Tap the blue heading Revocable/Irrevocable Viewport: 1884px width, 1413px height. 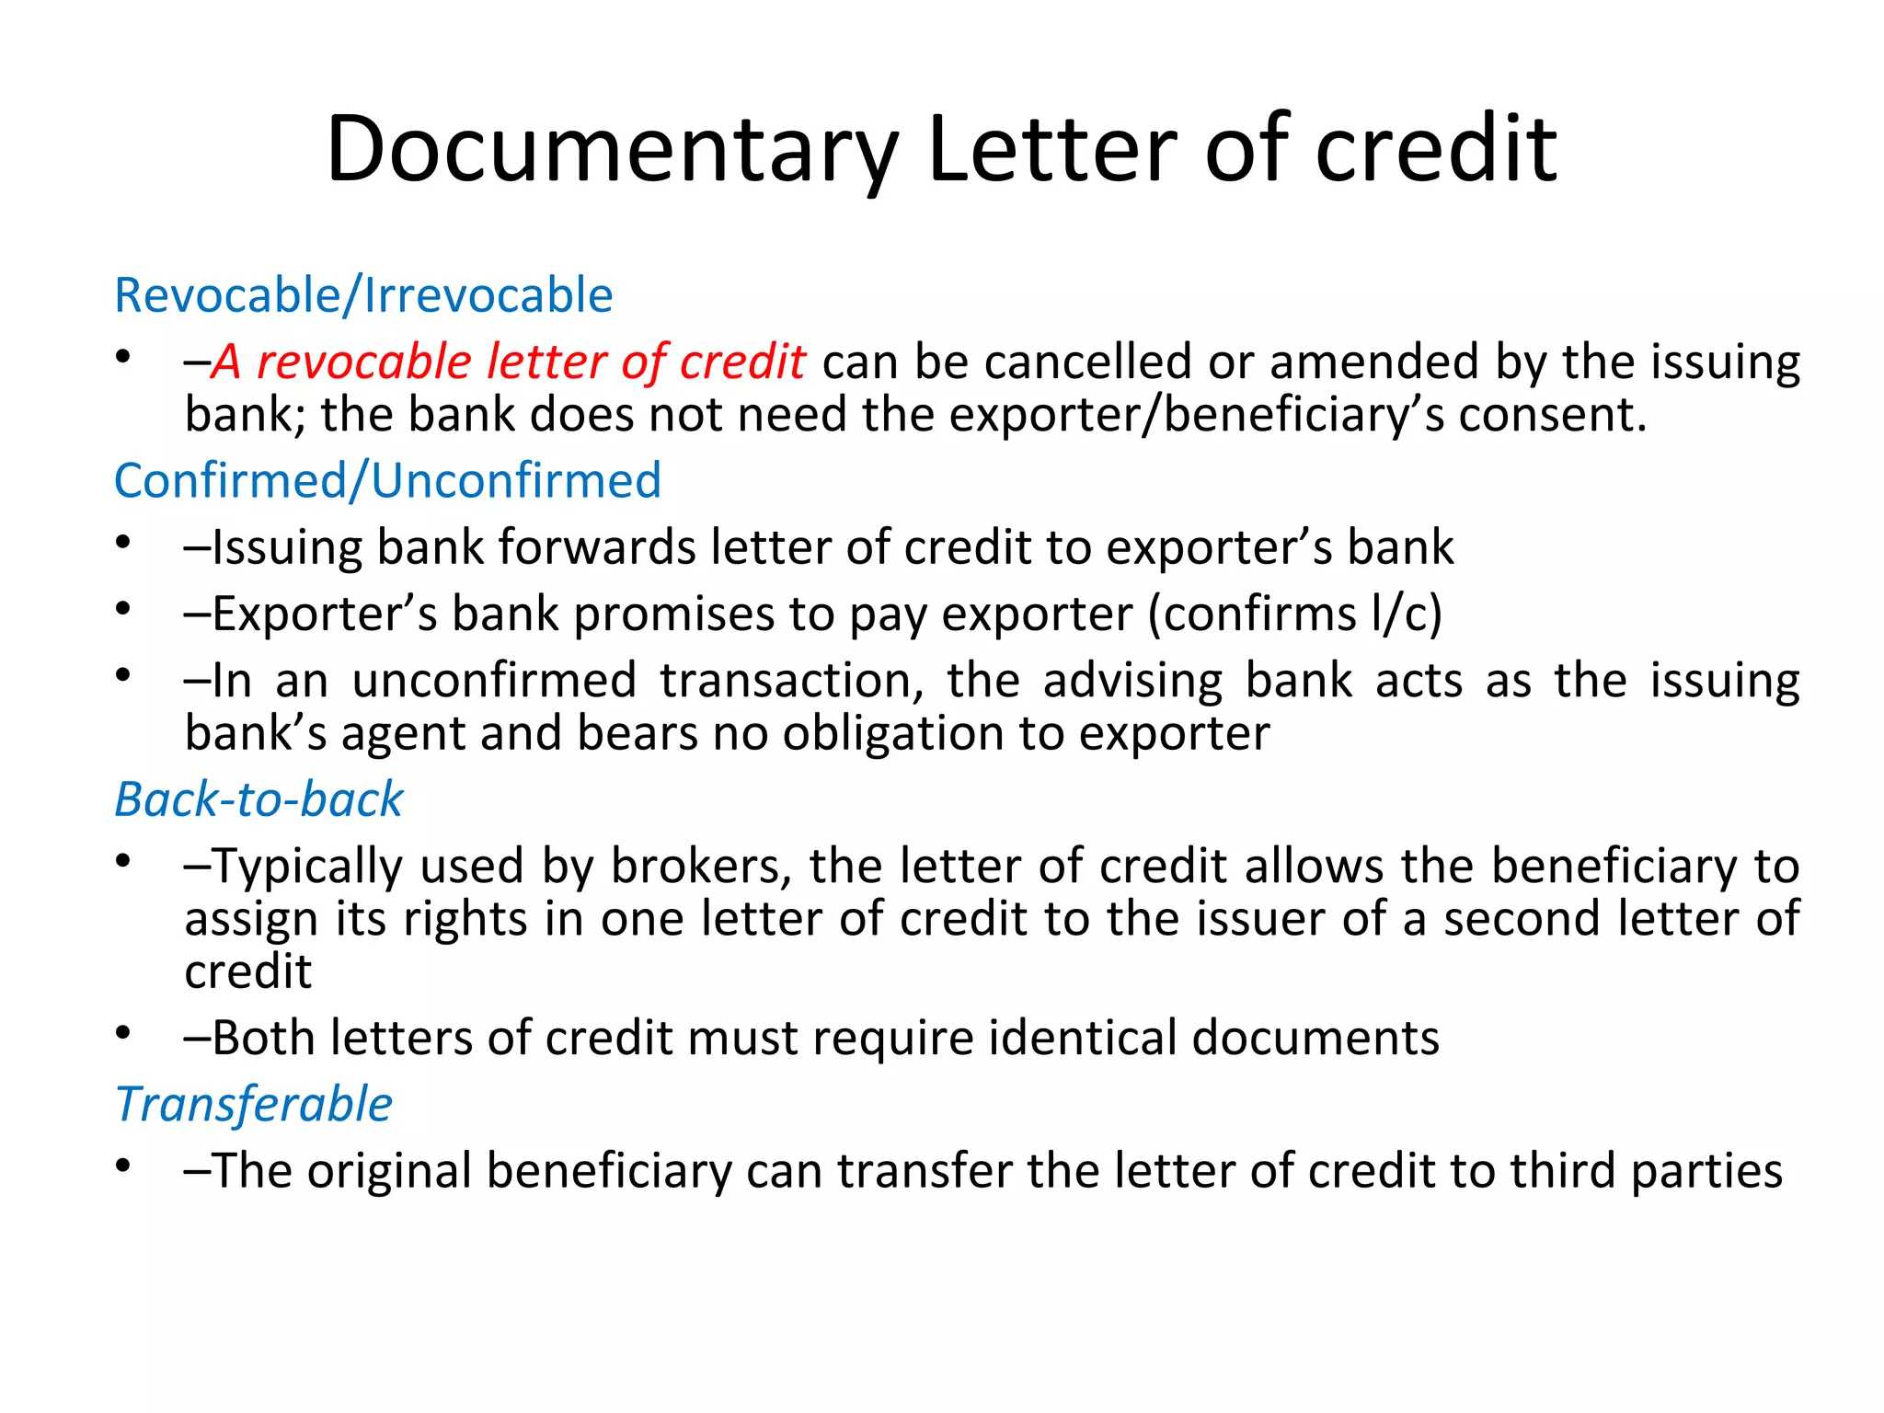point(363,295)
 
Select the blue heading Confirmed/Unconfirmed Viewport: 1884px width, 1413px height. point(387,480)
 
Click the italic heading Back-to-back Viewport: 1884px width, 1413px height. point(258,798)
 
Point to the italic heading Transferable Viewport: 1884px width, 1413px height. point(254,1104)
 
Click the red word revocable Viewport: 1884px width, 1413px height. point(363,362)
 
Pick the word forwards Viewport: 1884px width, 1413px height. point(597,547)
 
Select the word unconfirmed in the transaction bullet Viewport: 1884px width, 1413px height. point(494,681)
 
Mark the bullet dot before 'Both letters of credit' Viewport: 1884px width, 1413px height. point(123,1033)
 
